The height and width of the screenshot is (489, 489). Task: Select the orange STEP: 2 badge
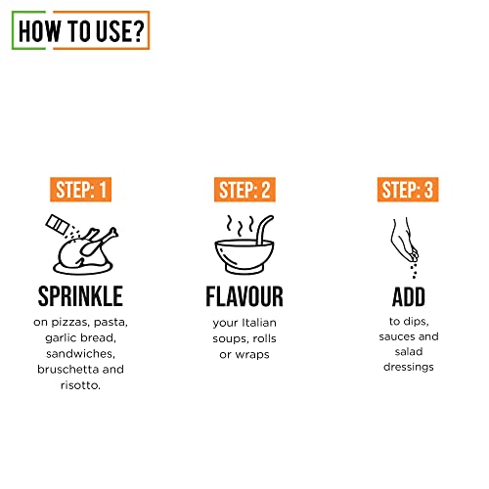245,190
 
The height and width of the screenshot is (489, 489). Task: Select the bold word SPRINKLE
82,295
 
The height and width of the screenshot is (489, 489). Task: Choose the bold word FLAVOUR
245,295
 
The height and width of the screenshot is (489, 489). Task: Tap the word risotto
80,386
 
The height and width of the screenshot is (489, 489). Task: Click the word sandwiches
82,354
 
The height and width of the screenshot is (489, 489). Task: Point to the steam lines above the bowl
240,222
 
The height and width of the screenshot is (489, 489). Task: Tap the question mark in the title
137,30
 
